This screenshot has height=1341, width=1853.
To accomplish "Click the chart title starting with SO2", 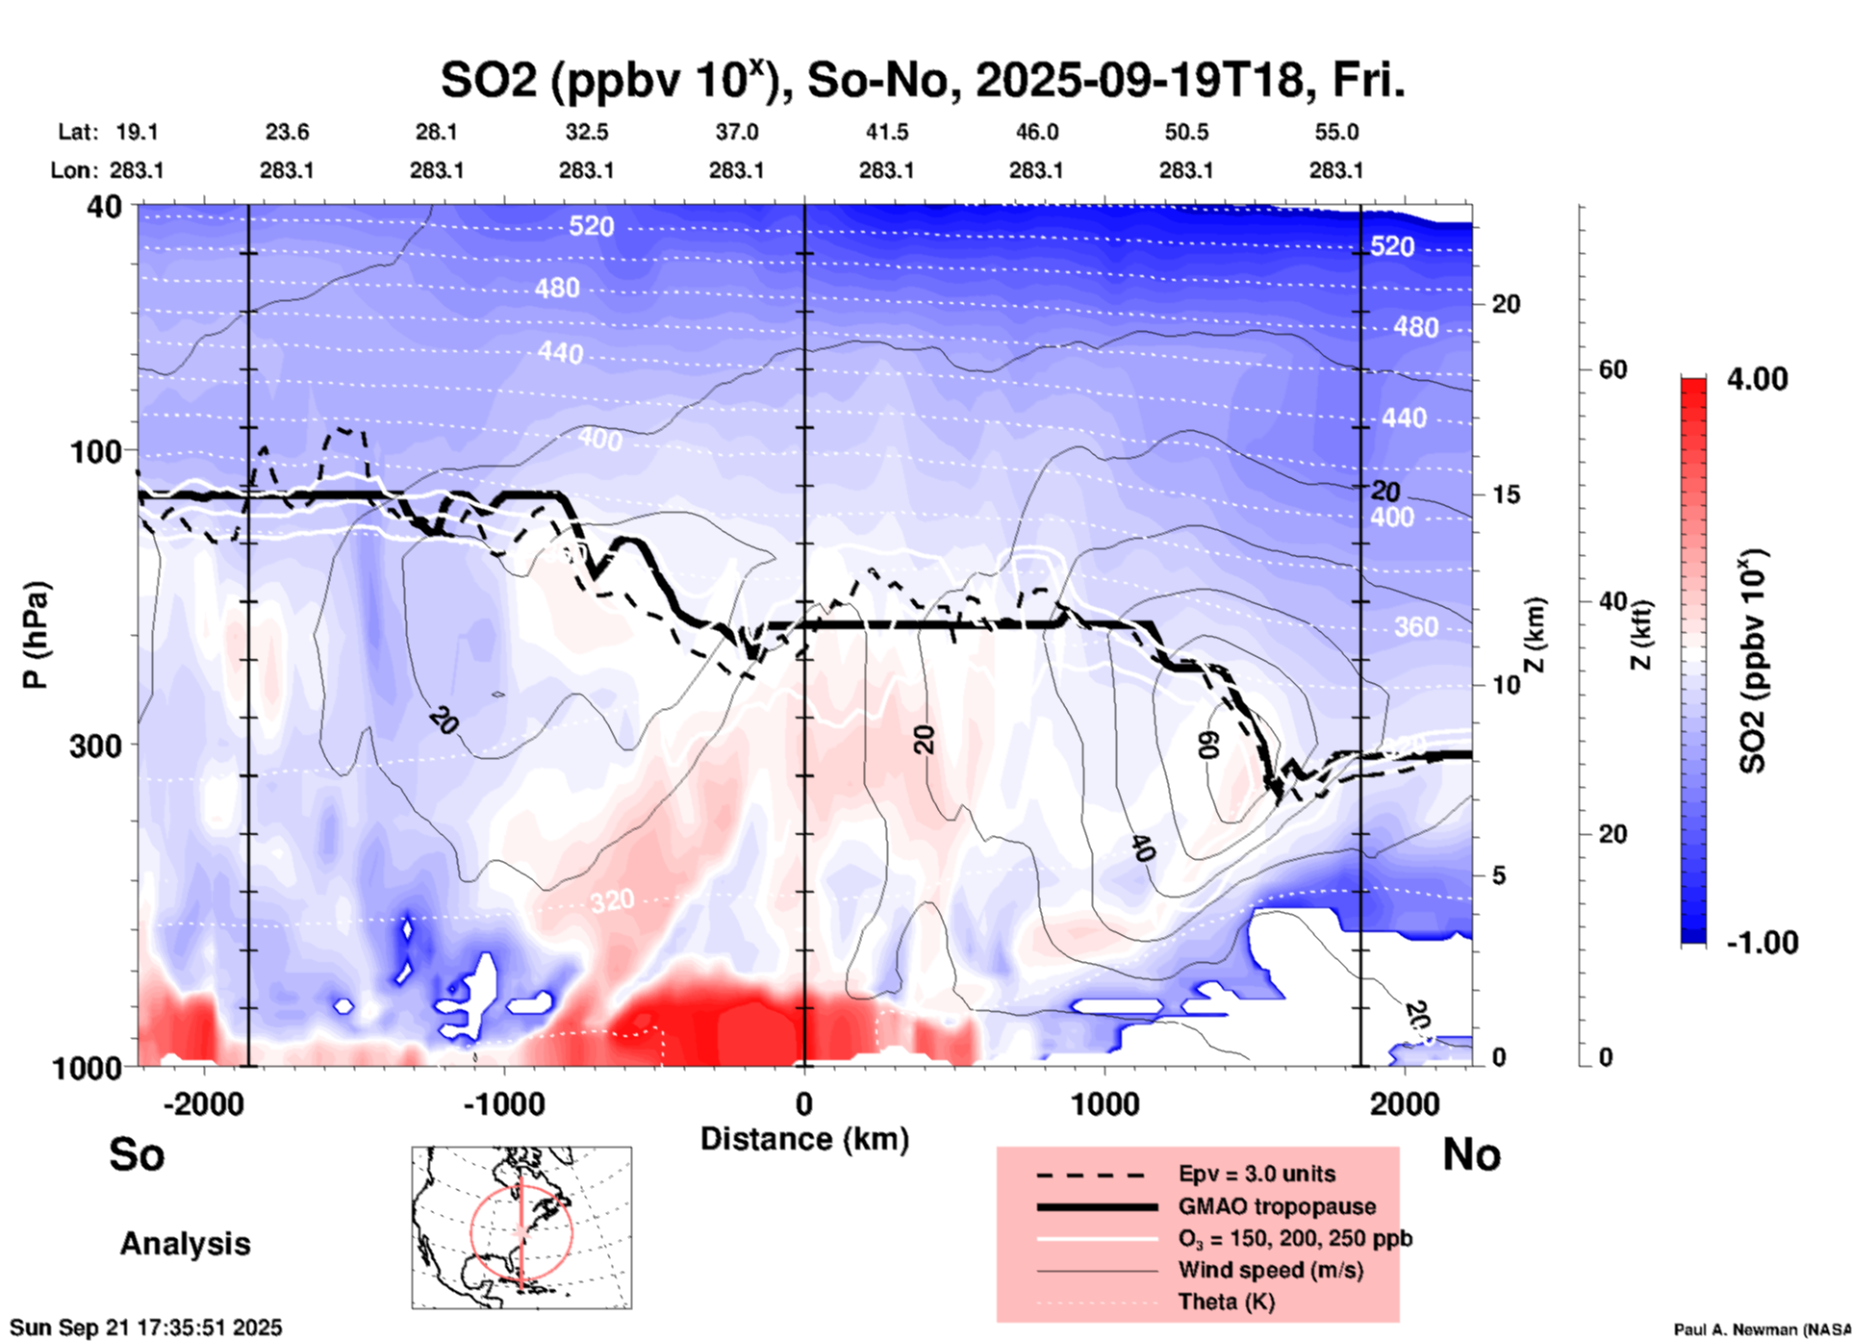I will [x=923, y=81].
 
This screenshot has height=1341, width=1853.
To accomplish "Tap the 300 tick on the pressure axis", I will [x=96, y=746].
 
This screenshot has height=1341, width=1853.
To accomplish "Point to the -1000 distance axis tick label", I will [x=503, y=1104].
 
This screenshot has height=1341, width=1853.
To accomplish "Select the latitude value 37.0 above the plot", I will [x=736, y=132].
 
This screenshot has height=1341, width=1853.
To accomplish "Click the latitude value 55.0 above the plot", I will [x=1335, y=132].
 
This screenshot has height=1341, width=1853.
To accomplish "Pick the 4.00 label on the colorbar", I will [x=1757, y=379].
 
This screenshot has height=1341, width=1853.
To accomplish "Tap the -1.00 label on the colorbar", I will [x=1762, y=943].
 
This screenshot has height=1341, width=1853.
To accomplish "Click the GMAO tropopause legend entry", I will [x=1277, y=1206].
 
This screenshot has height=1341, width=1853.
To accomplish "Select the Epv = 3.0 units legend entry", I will [x=1256, y=1174].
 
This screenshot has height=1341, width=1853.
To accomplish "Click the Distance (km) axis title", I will [x=804, y=1139].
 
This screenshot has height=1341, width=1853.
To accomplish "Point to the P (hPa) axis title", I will [x=36, y=635].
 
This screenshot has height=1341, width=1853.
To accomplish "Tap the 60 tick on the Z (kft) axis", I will [x=1612, y=369].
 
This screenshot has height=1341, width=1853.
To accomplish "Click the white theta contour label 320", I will [x=612, y=900].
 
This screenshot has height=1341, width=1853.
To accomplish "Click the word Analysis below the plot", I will [x=185, y=1244].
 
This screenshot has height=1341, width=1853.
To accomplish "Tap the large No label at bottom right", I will [x=1471, y=1154].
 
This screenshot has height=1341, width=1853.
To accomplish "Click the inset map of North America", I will [x=521, y=1227].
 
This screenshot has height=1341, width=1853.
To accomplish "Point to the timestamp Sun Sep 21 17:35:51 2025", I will [x=146, y=1328].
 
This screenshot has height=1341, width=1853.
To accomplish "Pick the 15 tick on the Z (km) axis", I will [x=1506, y=494].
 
